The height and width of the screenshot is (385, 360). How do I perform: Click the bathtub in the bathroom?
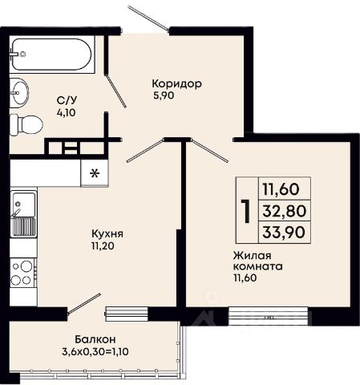(x=52, y=55)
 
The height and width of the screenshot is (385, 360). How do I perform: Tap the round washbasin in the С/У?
(x=19, y=93)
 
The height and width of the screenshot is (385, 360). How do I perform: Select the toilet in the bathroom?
(x=26, y=125)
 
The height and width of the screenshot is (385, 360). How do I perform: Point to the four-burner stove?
(x=23, y=273)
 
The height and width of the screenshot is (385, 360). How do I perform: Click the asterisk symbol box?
(x=95, y=173)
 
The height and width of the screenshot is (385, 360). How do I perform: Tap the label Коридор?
(x=177, y=84)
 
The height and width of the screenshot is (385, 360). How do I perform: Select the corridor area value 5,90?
(x=164, y=95)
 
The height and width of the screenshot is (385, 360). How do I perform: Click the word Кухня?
(x=107, y=234)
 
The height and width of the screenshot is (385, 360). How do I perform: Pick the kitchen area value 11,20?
(x=103, y=246)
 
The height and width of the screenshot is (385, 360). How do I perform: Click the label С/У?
(x=67, y=100)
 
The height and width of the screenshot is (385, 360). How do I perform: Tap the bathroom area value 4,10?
(x=66, y=113)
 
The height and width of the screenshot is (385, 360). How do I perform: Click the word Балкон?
(x=95, y=339)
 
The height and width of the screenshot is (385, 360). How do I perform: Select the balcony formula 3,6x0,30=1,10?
(x=95, y=351)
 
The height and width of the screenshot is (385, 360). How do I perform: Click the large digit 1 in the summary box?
(x=246, y=211)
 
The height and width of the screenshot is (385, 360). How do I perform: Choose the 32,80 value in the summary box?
(x=284, y=211)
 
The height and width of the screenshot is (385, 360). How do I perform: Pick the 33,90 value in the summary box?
(x=284, y=232)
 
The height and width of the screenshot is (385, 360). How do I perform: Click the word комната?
(x=258, y=267)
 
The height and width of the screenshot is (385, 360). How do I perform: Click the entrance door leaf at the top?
(x=148, y=18)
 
